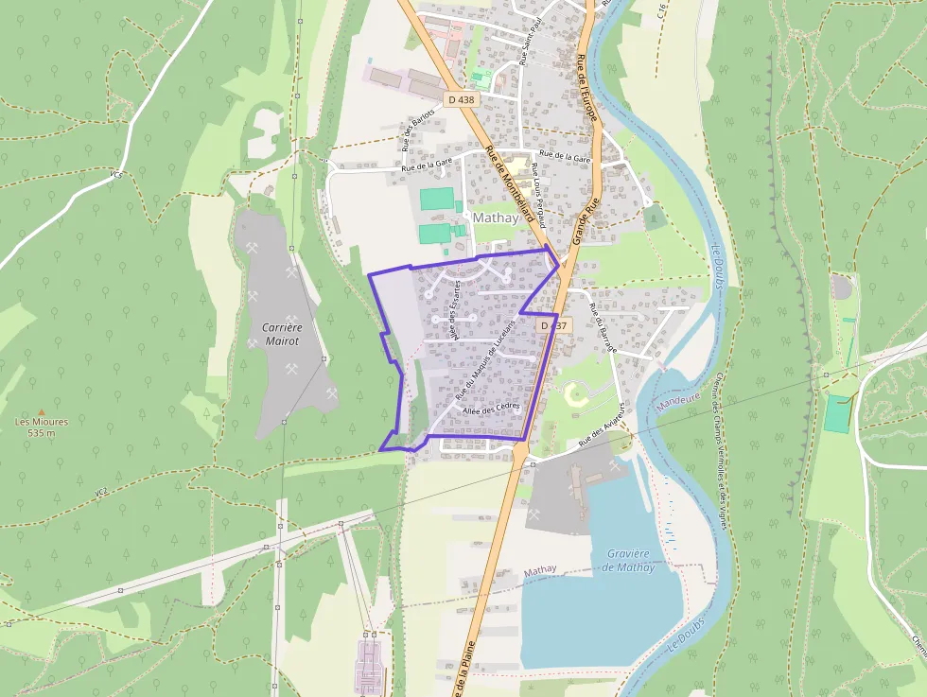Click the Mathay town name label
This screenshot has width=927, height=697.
pyautogui.click(x=496, y=218)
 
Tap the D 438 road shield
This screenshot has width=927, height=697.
pyautogui.click(x=461, y=98)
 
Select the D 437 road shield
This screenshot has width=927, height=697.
pyautogui.click(x=554, y=325)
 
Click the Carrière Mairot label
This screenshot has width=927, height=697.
pyautogui.click(x=281, y=334)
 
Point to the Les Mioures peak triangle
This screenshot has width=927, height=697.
pyautogui.click(x=42, y=413)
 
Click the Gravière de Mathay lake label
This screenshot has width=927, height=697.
pyautogui.click(x=627, y=560)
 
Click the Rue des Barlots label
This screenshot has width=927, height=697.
pyautogui.click(x=418, y=130)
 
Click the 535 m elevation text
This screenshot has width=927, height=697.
pyautogui.click(x=42, y=433)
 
